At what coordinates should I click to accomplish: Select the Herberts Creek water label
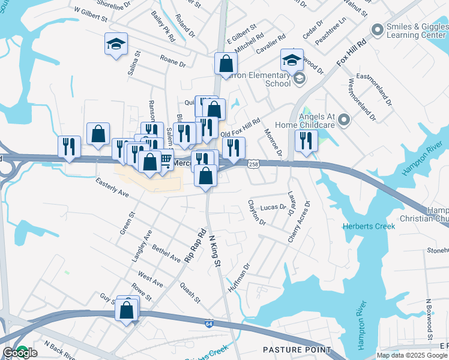[x=369, y=226]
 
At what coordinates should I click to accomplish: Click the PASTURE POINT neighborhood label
[x=297, y=349]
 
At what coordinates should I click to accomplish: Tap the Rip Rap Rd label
[x=196, y=244]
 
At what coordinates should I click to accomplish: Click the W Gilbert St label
[x=90, y=15]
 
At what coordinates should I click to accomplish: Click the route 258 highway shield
[x=253, y=164]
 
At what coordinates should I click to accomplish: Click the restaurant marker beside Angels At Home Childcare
[x=306, y=141]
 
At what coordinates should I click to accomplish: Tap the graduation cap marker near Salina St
[x=116, y=44]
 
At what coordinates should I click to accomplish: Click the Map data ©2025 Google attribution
[x=412, y=355]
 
